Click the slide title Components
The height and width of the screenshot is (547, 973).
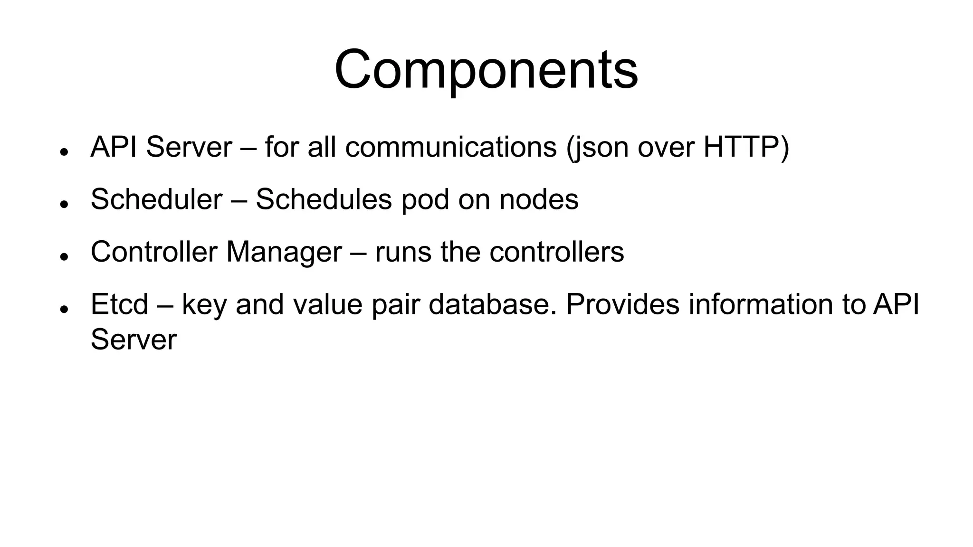(x=486, y=70)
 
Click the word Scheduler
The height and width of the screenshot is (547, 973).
(x=156, y=199)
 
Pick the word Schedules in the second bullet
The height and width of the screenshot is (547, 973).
(x=324, y=199)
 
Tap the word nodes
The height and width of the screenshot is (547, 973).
(x=539, y=199)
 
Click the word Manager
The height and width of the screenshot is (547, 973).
(x=284, y=252)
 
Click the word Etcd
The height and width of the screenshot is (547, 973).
(x=119, y=304)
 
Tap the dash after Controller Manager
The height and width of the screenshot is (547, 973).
(x=358, y=253)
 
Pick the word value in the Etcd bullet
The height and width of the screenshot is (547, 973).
(x=328, y=304)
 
